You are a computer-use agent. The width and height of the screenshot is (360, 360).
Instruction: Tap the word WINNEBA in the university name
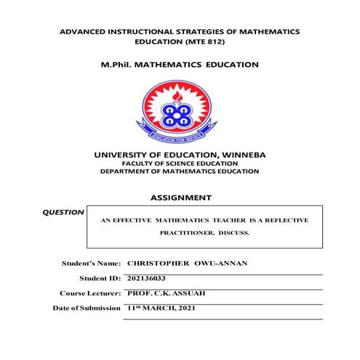[x=243, y=155]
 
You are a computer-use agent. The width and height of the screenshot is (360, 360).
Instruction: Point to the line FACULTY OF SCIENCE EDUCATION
[x=179, y=164]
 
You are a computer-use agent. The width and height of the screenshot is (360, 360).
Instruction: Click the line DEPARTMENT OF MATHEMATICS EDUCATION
[x=179, y=172]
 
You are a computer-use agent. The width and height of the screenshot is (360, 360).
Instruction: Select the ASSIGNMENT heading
[x=180, y=197]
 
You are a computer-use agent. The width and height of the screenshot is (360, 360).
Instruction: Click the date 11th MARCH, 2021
[x=161, y=308]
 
